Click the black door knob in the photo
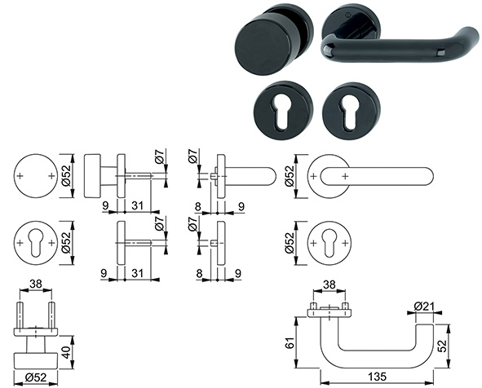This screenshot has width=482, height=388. pos(266,41)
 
